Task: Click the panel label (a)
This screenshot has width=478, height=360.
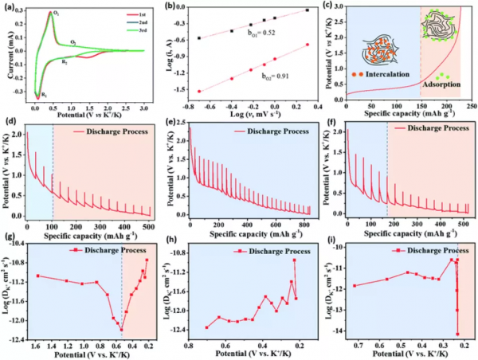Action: (x=9, y=6)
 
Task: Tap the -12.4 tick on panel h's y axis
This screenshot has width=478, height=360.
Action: (x=178, y=329)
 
